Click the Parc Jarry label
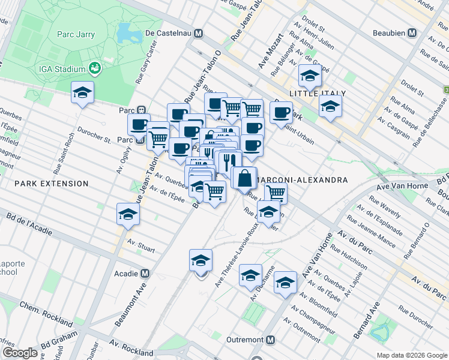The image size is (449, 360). pos(76,34)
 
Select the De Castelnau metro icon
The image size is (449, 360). pos(197,34)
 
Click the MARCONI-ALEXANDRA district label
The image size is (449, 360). pos(303,180)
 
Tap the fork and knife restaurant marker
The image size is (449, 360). pos(228,161)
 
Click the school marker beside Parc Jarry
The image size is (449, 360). pos(83,92)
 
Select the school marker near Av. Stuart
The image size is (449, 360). pos(127,214)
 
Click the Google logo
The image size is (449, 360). pos(20,353)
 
